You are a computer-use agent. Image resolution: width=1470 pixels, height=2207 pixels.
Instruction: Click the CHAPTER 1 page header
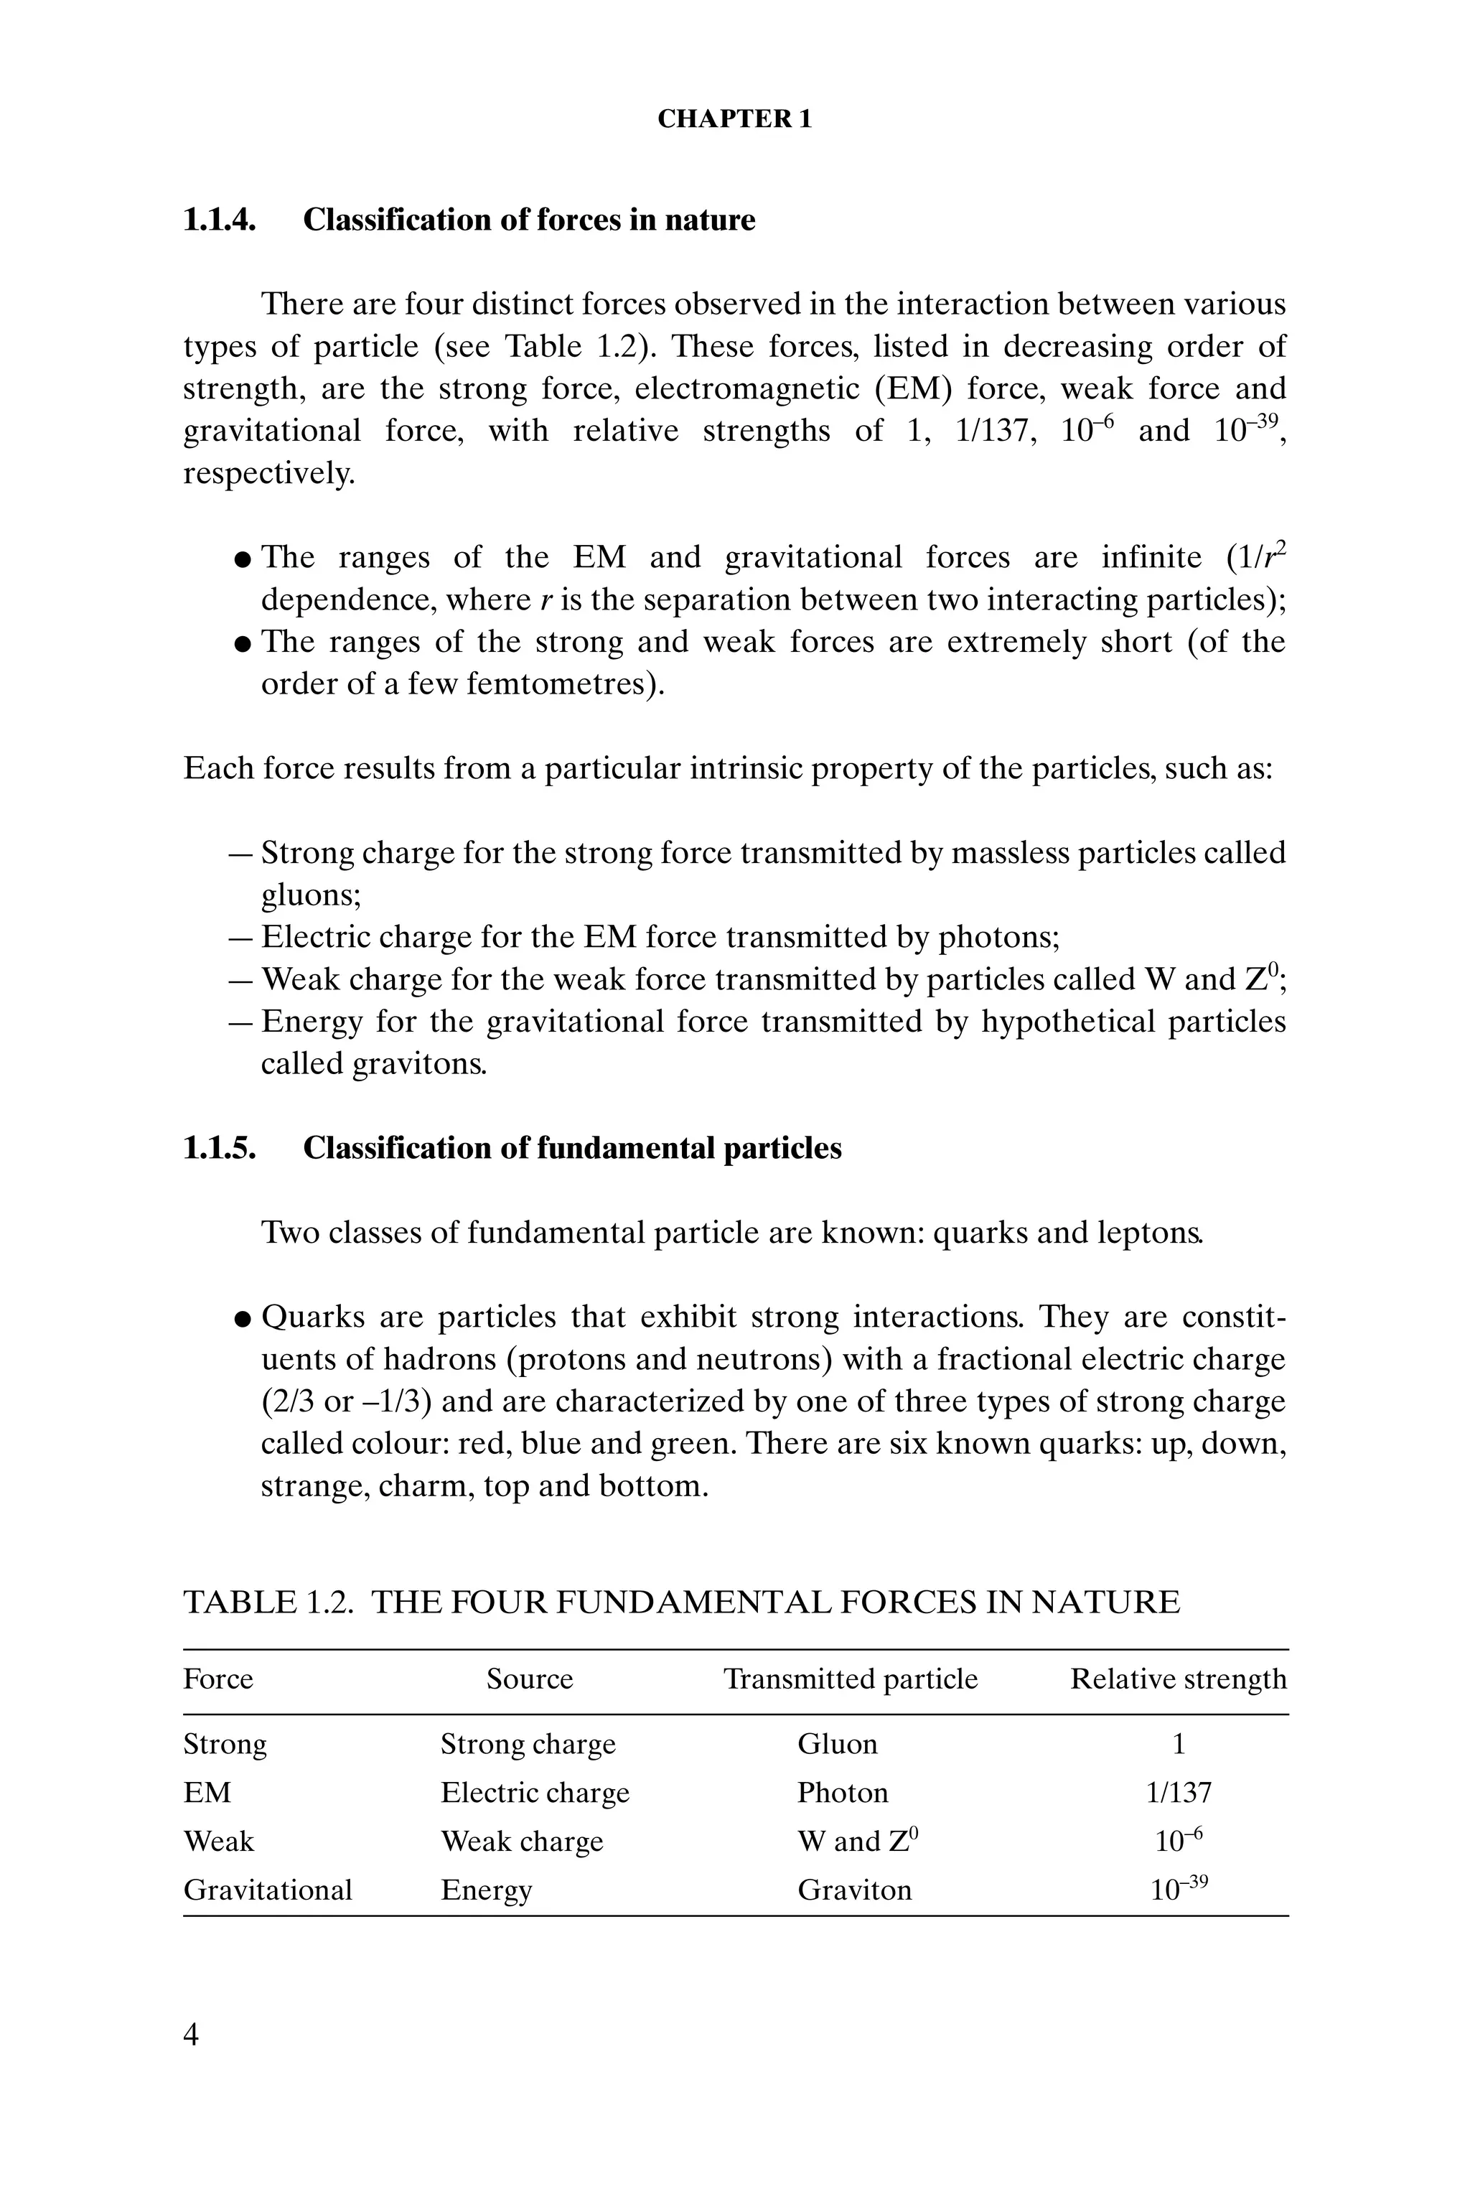(x=734, y=119)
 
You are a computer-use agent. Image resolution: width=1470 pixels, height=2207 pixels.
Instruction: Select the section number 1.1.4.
(x=220, y=220)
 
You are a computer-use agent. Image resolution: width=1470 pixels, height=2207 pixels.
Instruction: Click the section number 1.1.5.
(x=220, y=1149)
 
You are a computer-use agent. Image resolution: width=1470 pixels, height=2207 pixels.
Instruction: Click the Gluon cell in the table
(x=837, y=1744)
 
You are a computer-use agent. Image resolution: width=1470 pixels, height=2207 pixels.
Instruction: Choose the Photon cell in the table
(x=843, y=1793)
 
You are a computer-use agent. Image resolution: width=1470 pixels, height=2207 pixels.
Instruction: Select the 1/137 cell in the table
(x=1179, y=1793)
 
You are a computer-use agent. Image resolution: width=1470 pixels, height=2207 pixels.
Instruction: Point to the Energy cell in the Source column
(x=486, y=1890)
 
